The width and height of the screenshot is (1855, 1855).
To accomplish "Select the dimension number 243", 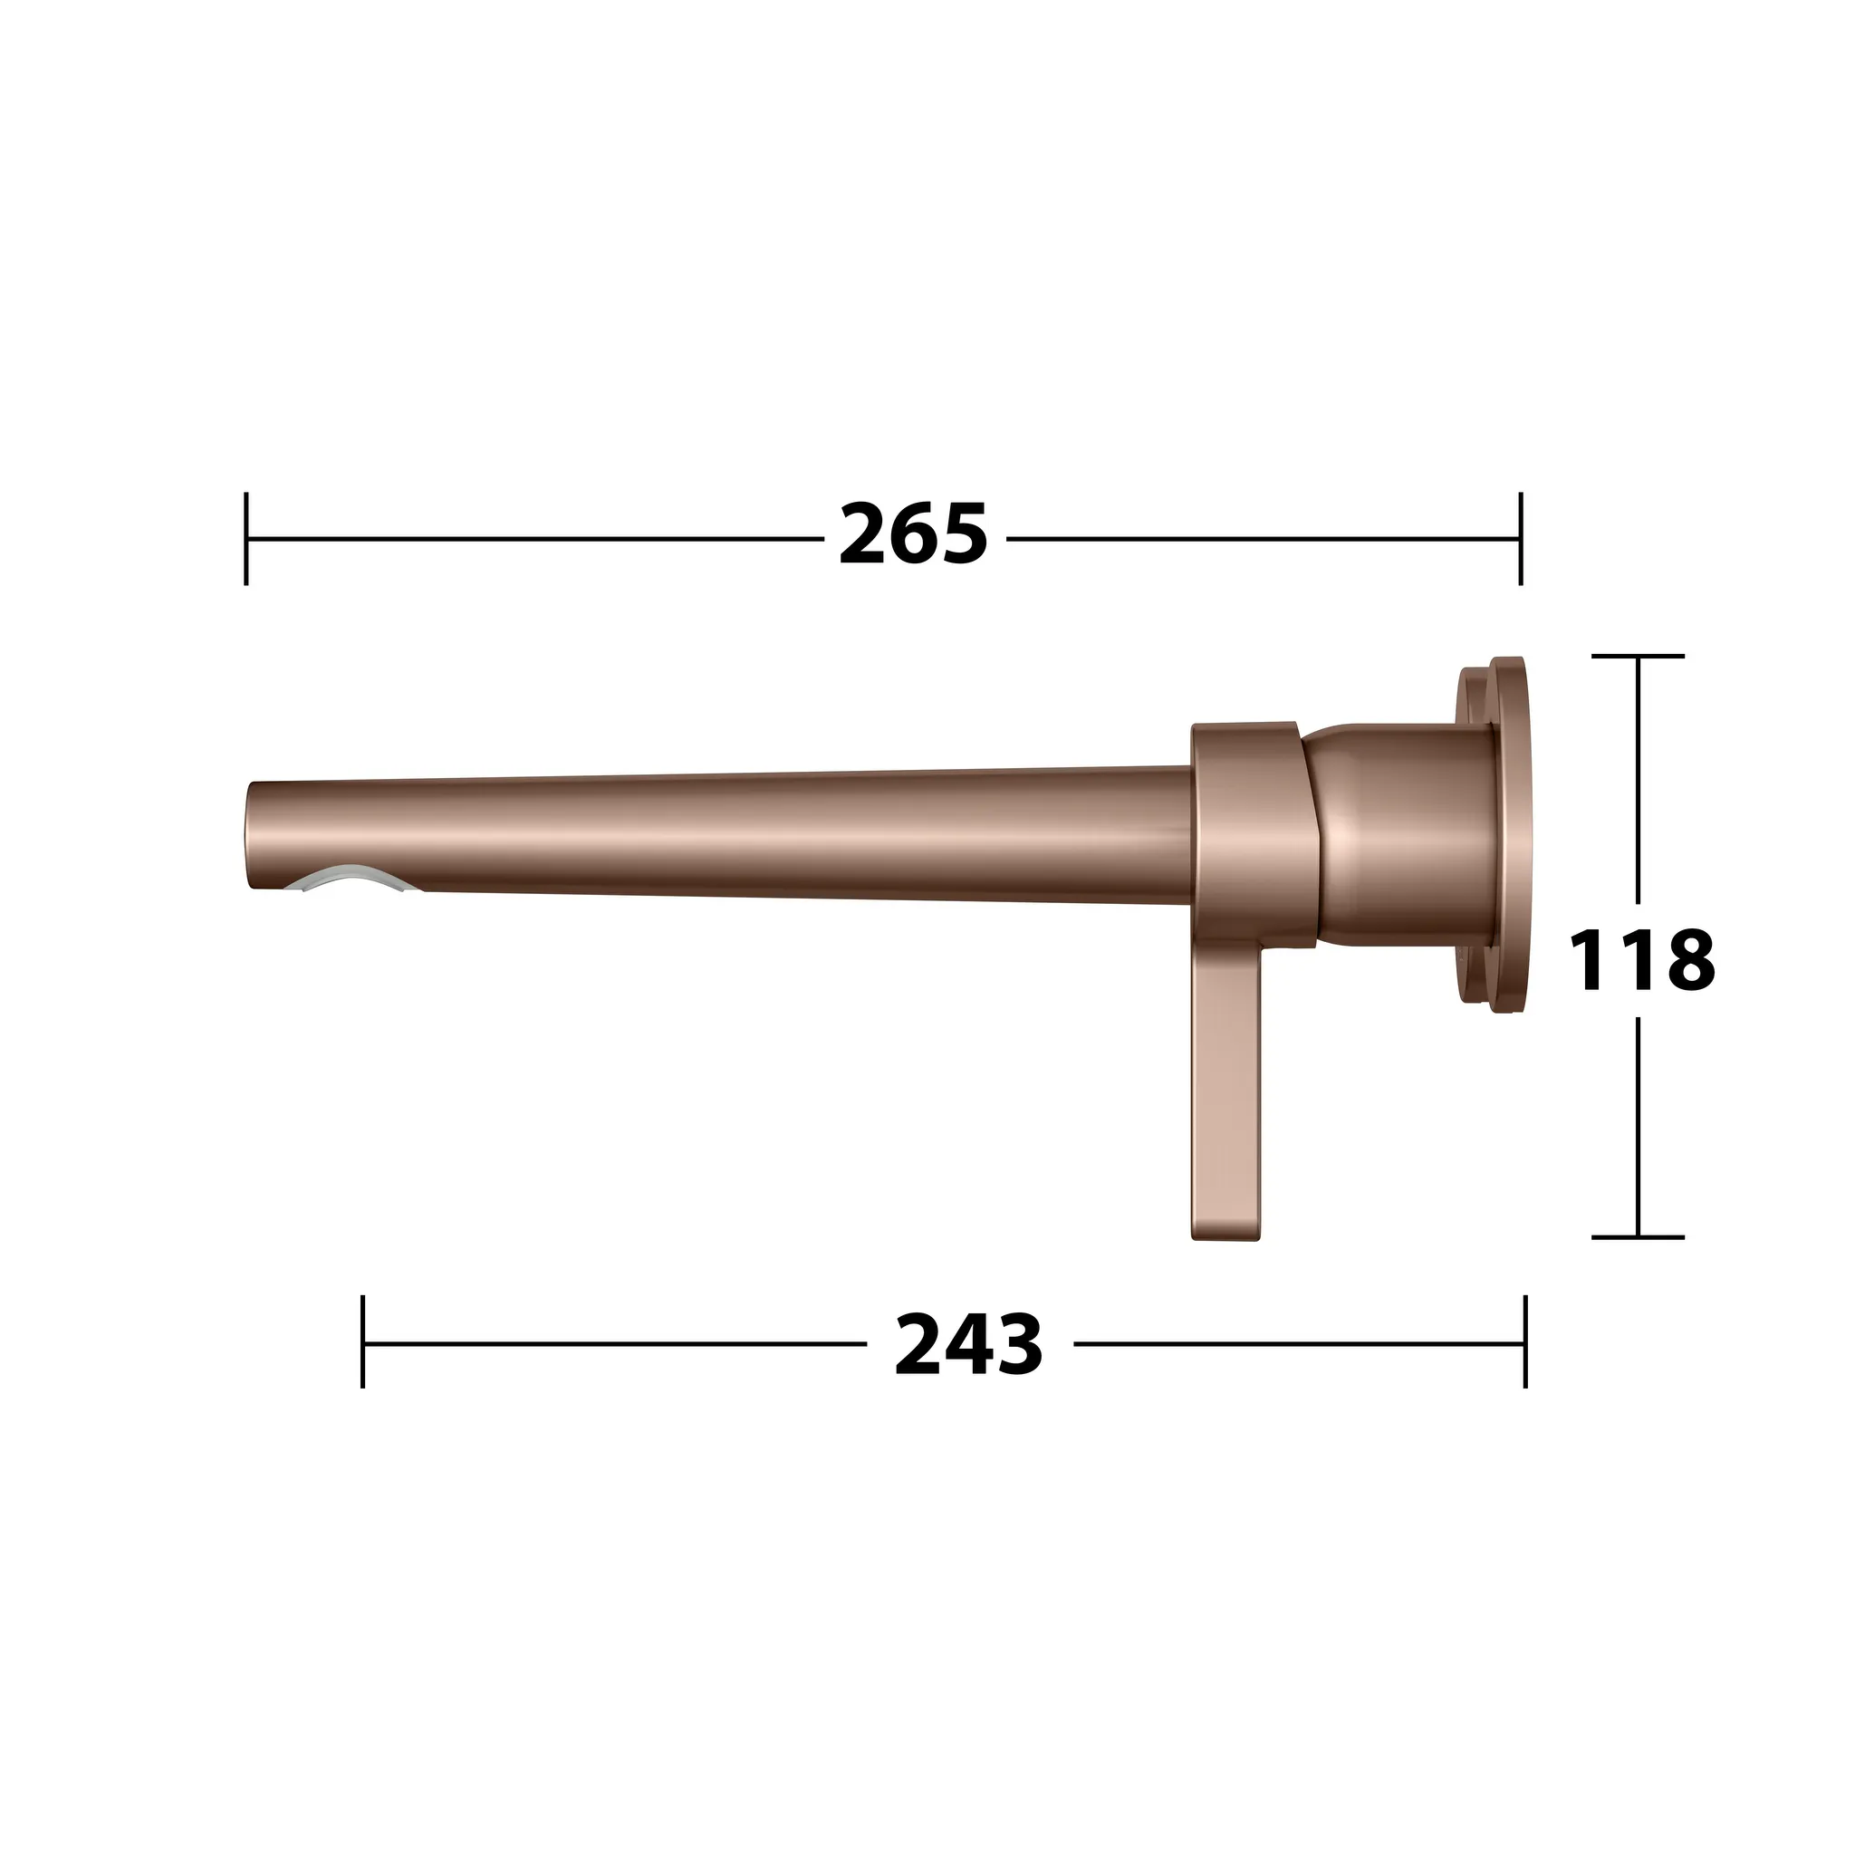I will click(x=968, y=1345).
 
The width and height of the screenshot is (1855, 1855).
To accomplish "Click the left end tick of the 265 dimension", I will click(x=246, y=538).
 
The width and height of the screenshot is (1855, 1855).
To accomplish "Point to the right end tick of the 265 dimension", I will click(x=1520, y=538).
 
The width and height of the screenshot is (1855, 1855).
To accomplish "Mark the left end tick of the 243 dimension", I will click(x=363, y=1342).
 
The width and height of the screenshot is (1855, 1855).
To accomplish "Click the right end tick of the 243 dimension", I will click(x=1524, y=1342).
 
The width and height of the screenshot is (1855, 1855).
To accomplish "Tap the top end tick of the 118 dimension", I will click(x=1638, y=656).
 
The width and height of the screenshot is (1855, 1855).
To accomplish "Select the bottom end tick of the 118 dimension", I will click(x=1638, y=1237).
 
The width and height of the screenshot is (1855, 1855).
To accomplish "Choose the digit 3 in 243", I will click(x=1018, y=1345).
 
